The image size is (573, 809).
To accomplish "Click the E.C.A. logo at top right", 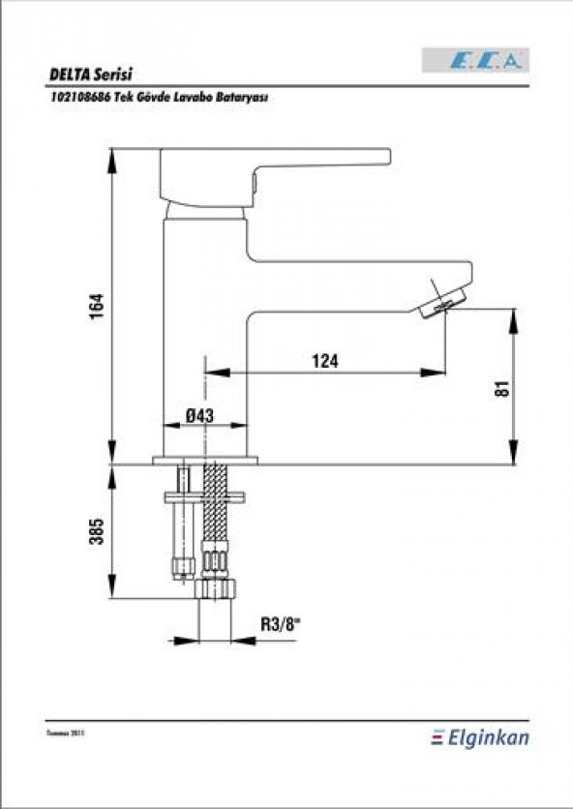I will pos(474,60).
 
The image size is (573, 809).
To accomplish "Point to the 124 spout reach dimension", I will pos(325,361).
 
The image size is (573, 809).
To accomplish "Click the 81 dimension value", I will pos(501,388).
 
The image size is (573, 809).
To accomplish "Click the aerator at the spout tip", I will pos(443,299).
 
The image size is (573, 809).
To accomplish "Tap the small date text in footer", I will pos(60,735).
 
